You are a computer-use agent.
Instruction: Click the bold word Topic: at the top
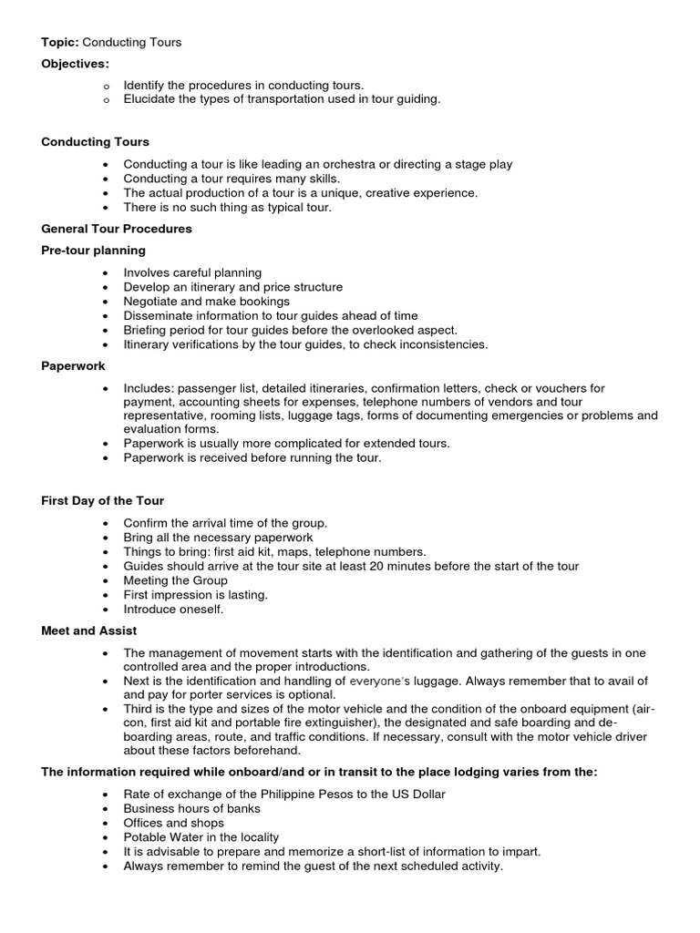pos(60,42)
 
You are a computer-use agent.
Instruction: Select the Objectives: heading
pos(75,64)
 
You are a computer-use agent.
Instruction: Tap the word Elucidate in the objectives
pos(150,99)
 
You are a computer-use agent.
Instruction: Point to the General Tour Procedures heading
pos(117,229)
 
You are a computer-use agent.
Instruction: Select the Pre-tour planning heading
pos(93,251)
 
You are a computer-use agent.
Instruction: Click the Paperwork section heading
pos(73,366)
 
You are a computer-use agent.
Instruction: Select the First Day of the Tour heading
pos(103,500)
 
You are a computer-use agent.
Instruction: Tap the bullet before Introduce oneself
pos(107,610)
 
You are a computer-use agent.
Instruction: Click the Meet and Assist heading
pos(89,631)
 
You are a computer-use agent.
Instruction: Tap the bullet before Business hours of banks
pos(107,809)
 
